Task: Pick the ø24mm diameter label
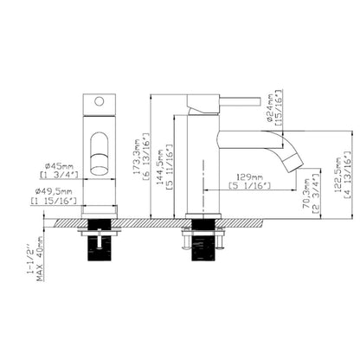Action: [x=270, y=103]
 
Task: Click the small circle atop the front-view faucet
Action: [x=99, y=101]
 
